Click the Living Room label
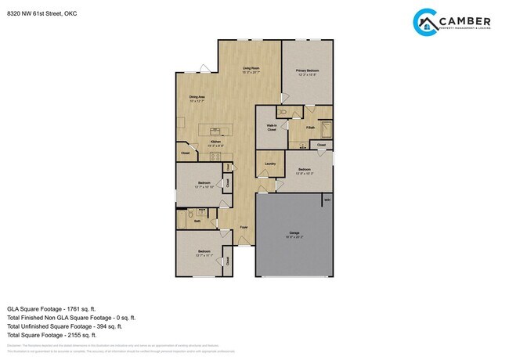pos(251,69)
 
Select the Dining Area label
pos(197,97)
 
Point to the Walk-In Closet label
pos(271,128)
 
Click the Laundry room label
pos(270,164)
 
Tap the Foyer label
pos(244,228)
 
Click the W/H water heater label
pos(327,200)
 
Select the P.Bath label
pos(310,127)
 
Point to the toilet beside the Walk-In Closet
pos(283,112)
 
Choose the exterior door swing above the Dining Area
pos(204,69)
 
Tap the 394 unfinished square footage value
pos(107,326)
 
